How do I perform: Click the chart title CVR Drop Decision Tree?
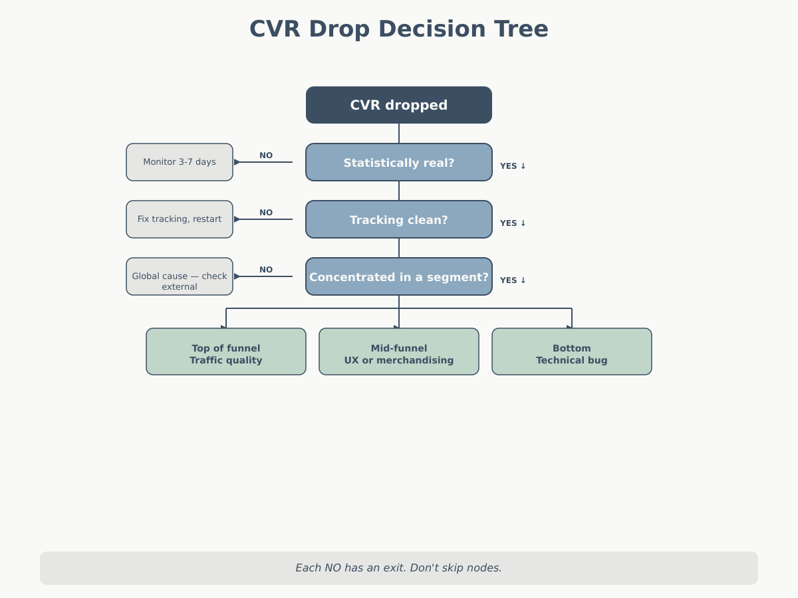(399, 29)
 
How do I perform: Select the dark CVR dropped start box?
(399, 105)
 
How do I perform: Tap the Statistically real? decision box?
(399, 162)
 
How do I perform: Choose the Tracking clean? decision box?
(399, 219)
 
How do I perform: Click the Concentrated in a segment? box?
(399, 276)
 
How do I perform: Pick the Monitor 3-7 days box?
(180, 162)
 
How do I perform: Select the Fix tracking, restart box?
(180, 219)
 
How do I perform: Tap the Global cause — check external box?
(180, 276)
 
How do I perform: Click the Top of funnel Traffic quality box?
(226, 351)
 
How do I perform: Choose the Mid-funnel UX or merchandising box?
(399, 351)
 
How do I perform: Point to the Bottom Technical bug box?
(572, 351)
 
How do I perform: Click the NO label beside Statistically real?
(266, 155)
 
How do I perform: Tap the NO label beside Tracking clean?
(266, 213)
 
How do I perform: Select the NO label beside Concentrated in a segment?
(266, 270)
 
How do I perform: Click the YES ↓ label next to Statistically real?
(513, 166)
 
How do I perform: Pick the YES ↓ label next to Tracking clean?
(513, 223)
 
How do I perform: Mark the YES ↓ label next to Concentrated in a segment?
(513, 280)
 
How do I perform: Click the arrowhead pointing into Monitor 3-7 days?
(237, 162)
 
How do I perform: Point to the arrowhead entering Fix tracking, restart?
(237, 219)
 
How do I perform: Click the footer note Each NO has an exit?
(399, 568)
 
